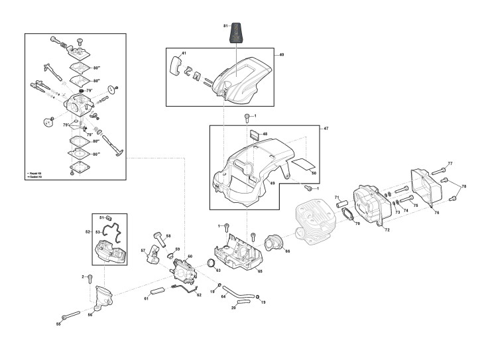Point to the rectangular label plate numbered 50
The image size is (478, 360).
coord(304,164)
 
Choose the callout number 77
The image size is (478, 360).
coord(449,163)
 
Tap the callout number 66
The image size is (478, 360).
coord(287,251)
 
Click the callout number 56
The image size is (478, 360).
coord(90,315)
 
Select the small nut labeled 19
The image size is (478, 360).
coord(258,297)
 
